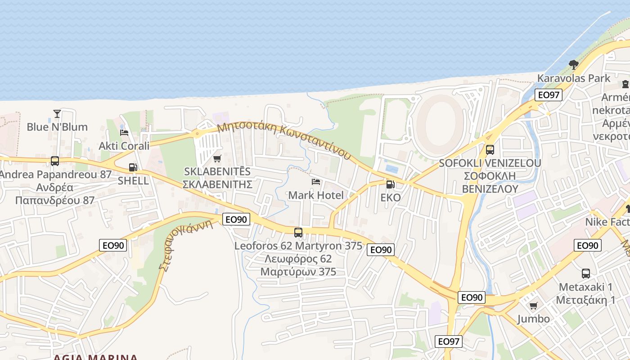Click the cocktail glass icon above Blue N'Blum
[x=57, y=113]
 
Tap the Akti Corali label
[x=124, y=146]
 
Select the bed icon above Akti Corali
[x=124, y=132]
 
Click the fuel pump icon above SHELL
[x=133, y=167]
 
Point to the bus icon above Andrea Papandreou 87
[x=55, y=161]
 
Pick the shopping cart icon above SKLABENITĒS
[x=217, y=158]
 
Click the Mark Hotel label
[x=315, y=195]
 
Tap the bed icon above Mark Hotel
[x=316, y=182]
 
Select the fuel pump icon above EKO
[x=390, y=184]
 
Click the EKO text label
[x=390, y=198]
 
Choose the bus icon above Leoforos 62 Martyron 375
[x=298, y=233]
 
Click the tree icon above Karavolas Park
[x=573, y=65]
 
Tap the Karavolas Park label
[x=574, y=78]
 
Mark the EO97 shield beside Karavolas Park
[x=548, y=95]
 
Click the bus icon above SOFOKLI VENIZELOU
[x=490, y=150]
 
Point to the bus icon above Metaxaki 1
[x=585, y=273]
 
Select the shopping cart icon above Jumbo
[x=533, y=306]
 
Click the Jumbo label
[x=533, y=319]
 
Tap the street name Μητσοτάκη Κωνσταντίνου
[x=283, y=140]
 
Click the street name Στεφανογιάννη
[x=185, y=245]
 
